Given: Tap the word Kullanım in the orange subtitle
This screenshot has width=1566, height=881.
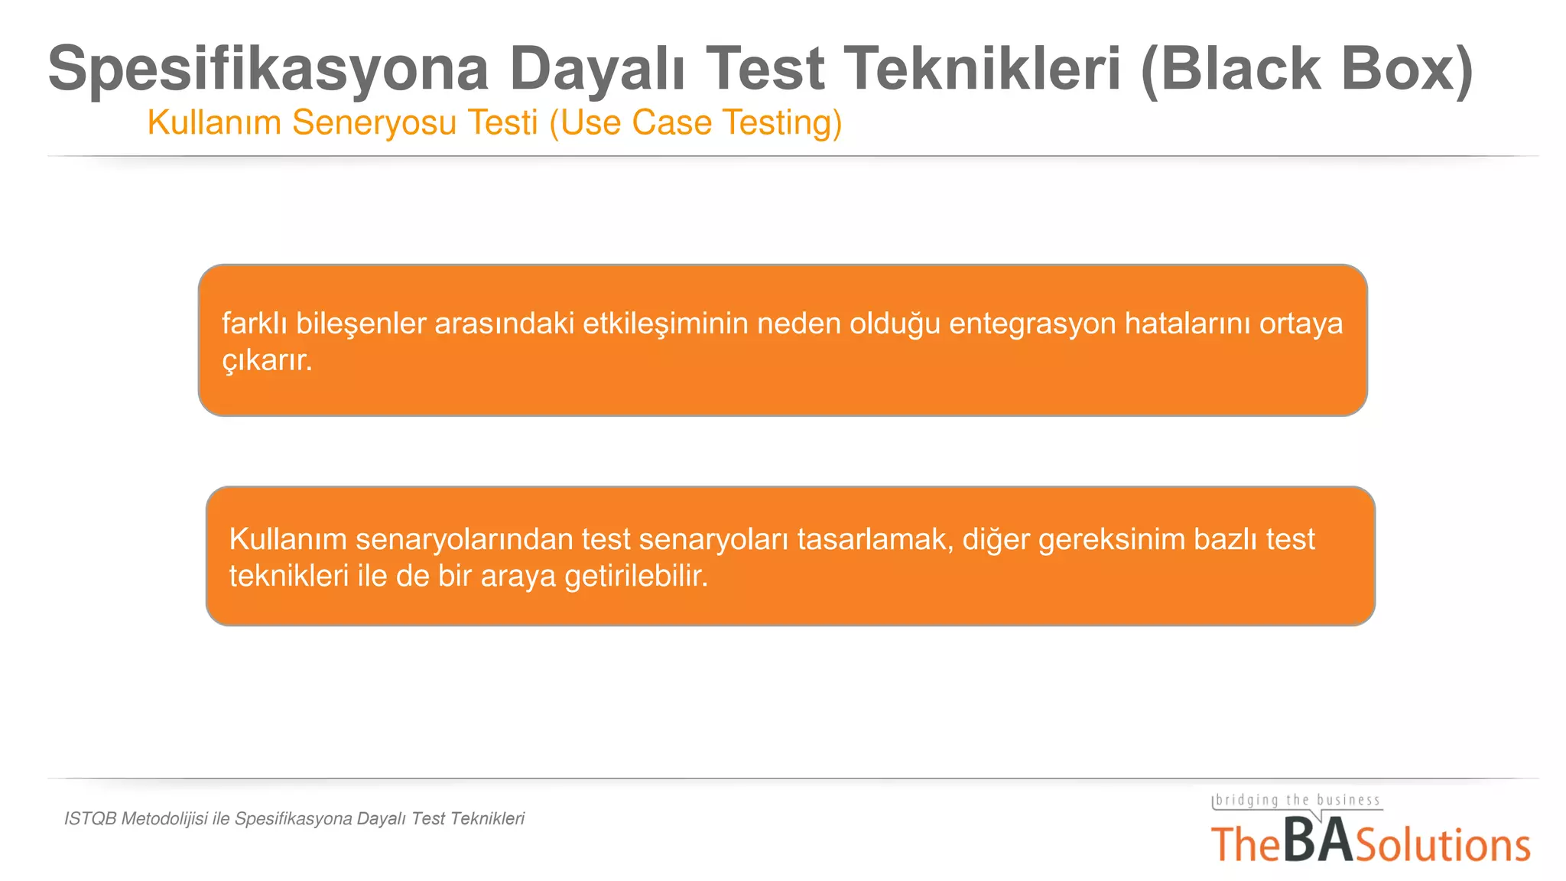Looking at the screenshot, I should coord(214,122).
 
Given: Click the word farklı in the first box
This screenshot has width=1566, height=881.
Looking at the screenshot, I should coord(255,323).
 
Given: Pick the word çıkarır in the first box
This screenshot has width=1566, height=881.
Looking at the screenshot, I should coord(266,360).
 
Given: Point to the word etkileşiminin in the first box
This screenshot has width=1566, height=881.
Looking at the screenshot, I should coord(665,323).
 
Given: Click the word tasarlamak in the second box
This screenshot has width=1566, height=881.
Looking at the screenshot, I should coord(875,539).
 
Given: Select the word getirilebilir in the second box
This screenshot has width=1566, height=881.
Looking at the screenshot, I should coord(635,576).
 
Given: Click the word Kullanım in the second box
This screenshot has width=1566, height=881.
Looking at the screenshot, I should coord(288,539).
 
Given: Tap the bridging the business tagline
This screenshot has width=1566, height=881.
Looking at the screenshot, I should coord(1298,801).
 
